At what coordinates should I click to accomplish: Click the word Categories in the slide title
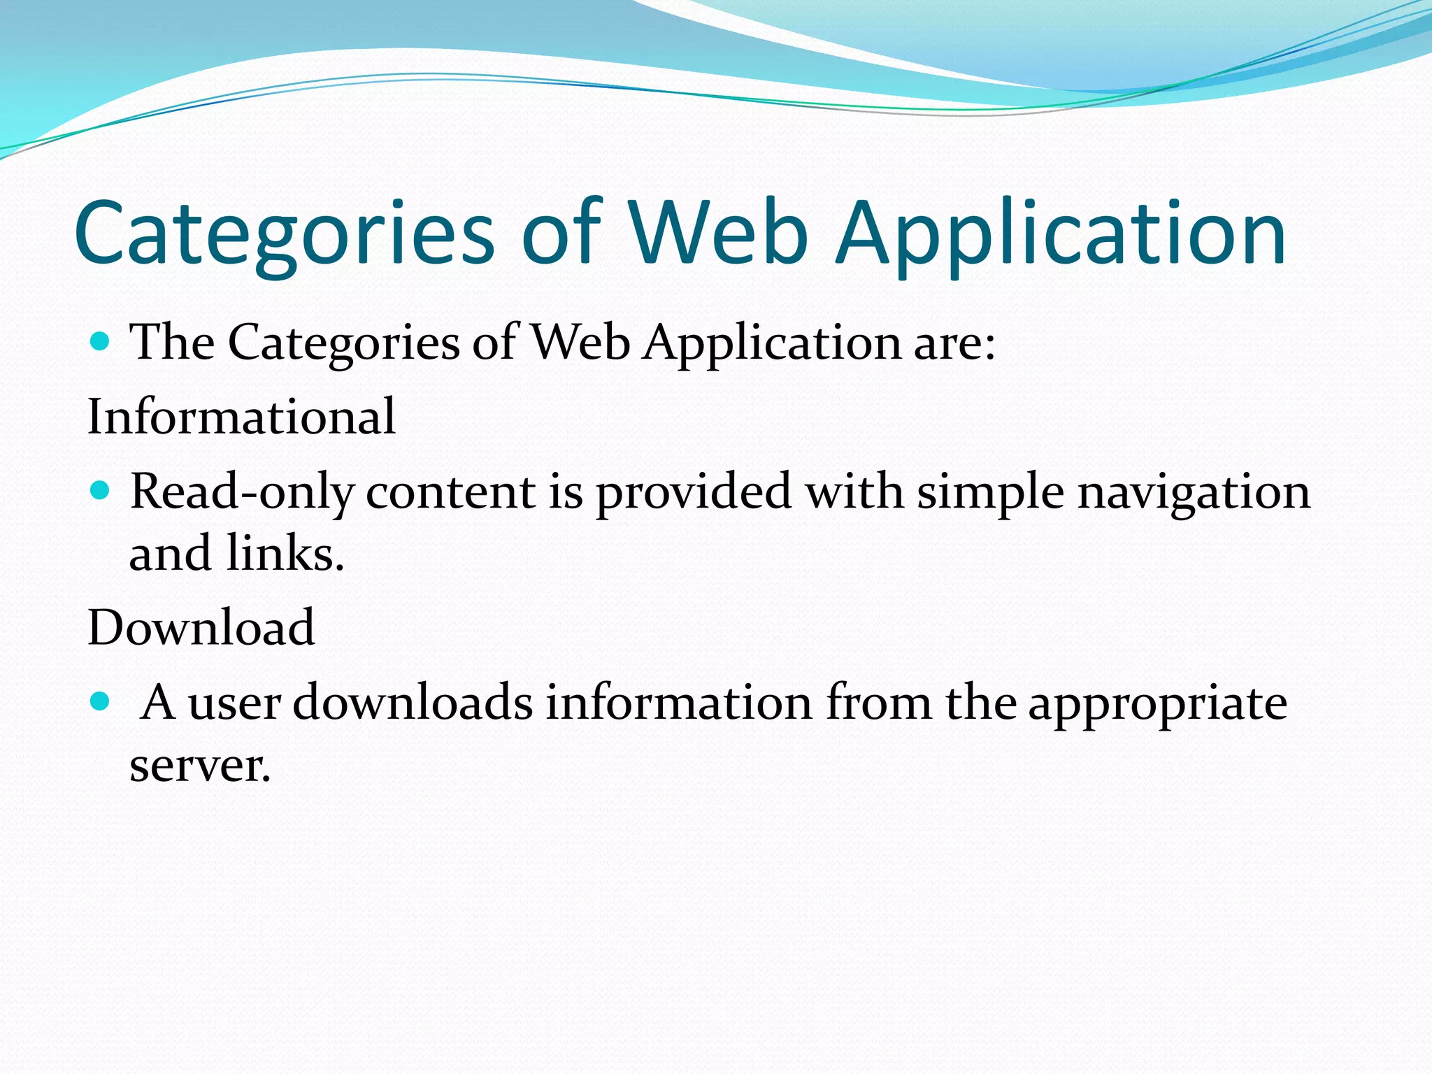(284, 234)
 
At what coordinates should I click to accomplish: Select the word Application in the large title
(1061, 234)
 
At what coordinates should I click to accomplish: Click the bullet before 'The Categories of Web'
(101, 342)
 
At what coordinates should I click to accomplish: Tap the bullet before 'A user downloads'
(101, 701)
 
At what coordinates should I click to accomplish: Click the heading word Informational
(241, 416)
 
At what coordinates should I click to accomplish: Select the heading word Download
(201, 627)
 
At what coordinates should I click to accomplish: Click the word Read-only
(242, 492)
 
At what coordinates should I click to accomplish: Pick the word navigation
(1194, 492)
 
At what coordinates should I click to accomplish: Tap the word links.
(285, 553)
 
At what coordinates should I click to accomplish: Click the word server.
(199, 766)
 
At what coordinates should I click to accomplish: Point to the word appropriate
(1157, 703)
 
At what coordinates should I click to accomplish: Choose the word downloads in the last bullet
(413, 702)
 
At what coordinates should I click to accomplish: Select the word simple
(990, 492)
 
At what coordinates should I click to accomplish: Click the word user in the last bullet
(234, 703)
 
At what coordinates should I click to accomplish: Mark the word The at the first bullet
(173, 343)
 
